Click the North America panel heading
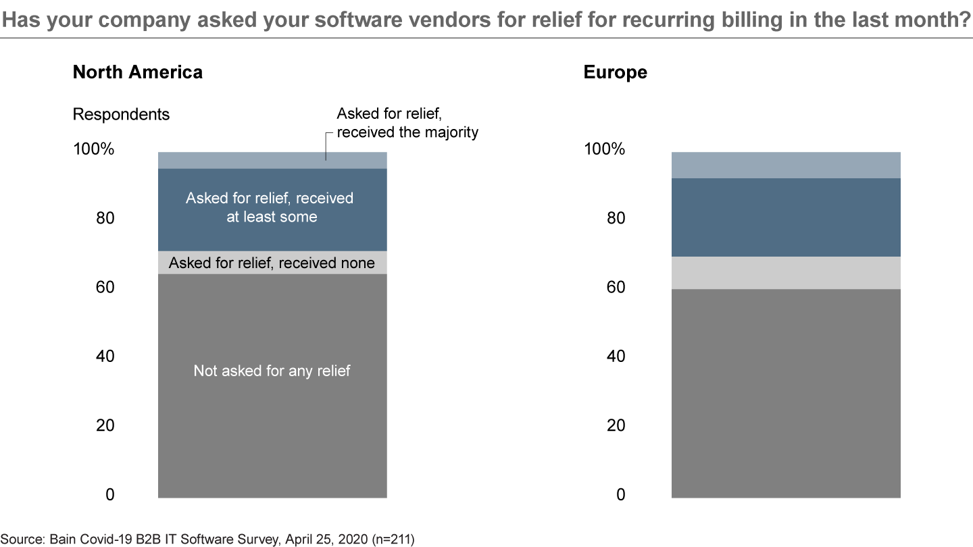tap(137, 72)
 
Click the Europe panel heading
tap(615, 72)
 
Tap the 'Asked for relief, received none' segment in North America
tap(272, 263)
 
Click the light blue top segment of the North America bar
tap(272, 160)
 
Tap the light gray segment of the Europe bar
tap(786, 273)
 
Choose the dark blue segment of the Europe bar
tap(786, 217)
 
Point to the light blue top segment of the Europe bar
tap(786, 165)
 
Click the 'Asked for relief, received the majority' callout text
tap(407, 123)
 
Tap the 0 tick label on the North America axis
tap(110, 495)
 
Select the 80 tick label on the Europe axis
tap(616, 219)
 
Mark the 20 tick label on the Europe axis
tap(616, 425)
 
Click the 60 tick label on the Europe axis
tap(616, 288)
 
